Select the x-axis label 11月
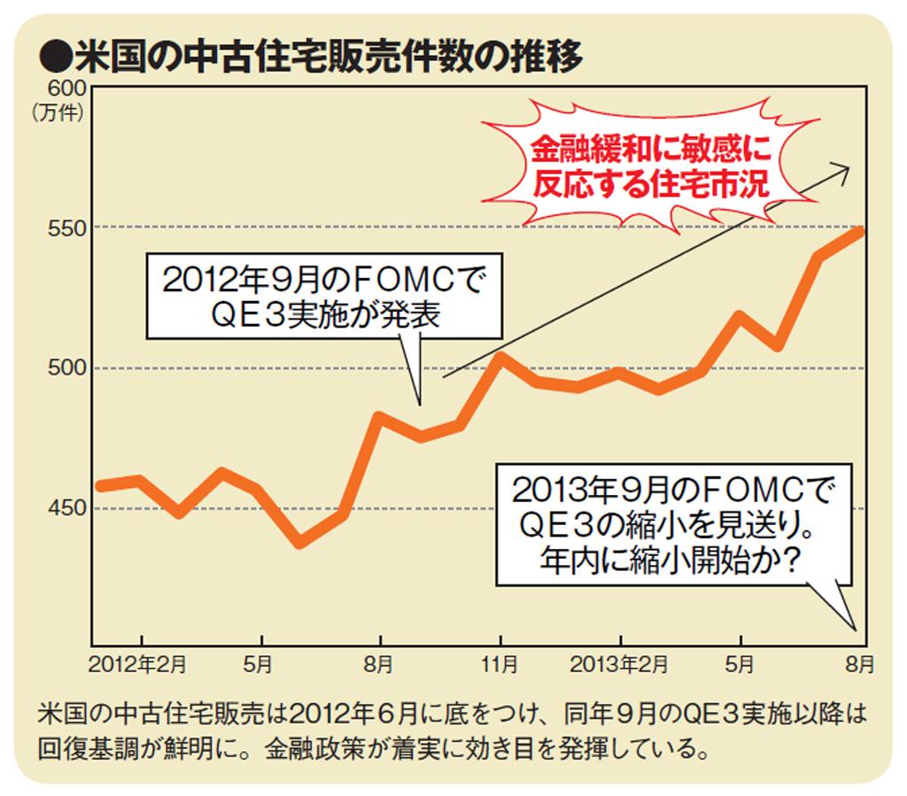(x=500, y=663)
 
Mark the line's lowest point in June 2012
(x=300, y=542)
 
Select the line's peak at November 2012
(x=500, y=358)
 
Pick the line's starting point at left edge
(x=99, y=485)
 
